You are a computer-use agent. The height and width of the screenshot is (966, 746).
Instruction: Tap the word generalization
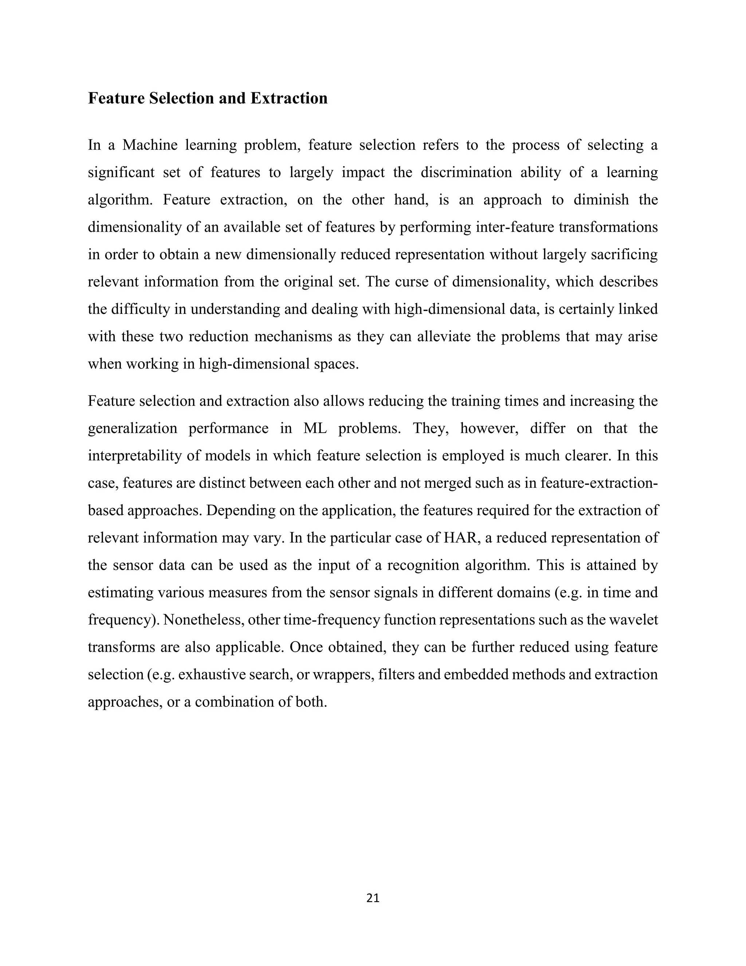tap(133, 428)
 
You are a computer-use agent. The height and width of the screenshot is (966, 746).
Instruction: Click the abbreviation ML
tap(315, 428)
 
